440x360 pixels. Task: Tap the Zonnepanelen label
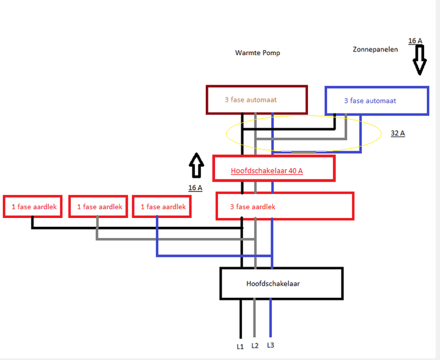tap(375, 50)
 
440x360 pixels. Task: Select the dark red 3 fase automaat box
tap(256, 100)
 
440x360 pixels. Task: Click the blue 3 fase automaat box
tap(377, 101)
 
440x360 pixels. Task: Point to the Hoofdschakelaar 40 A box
tap(274, 168)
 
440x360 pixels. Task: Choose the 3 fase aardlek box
tap(284, 206)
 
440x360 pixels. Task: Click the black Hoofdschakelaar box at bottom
tap(281, 283)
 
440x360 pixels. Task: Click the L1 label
tap(240, 346)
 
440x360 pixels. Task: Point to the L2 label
tap(255, 346)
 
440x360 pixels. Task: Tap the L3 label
tap(270, 345)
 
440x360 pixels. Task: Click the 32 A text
tap(398, 133)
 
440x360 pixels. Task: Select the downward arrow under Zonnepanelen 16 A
tap(420, 61)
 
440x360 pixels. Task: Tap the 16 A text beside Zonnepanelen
tap(415, 41)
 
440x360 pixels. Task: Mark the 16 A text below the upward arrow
tap(195, 188)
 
